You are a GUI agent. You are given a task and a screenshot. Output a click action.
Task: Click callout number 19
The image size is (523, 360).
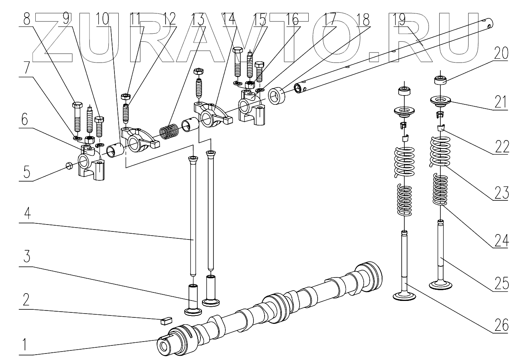pos(399,18)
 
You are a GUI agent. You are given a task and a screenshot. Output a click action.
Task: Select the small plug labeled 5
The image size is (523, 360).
pos(70,166)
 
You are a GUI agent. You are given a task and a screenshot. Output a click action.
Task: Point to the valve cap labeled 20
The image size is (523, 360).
pos(440,80)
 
